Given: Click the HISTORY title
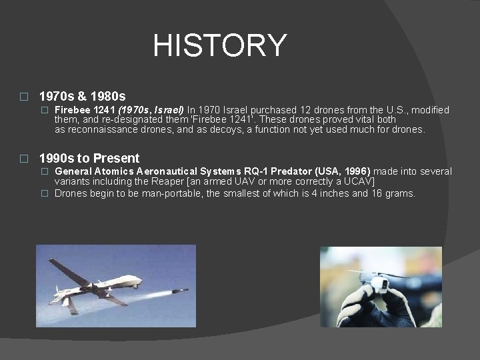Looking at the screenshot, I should click(x=219, y=45).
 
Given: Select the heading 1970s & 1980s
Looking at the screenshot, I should click(x=83, y=97).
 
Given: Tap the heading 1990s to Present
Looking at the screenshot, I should click(x=89, y=158).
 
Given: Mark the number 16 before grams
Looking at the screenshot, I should click(x=377, y=193).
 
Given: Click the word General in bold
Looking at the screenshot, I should click(x=74, y=172).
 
